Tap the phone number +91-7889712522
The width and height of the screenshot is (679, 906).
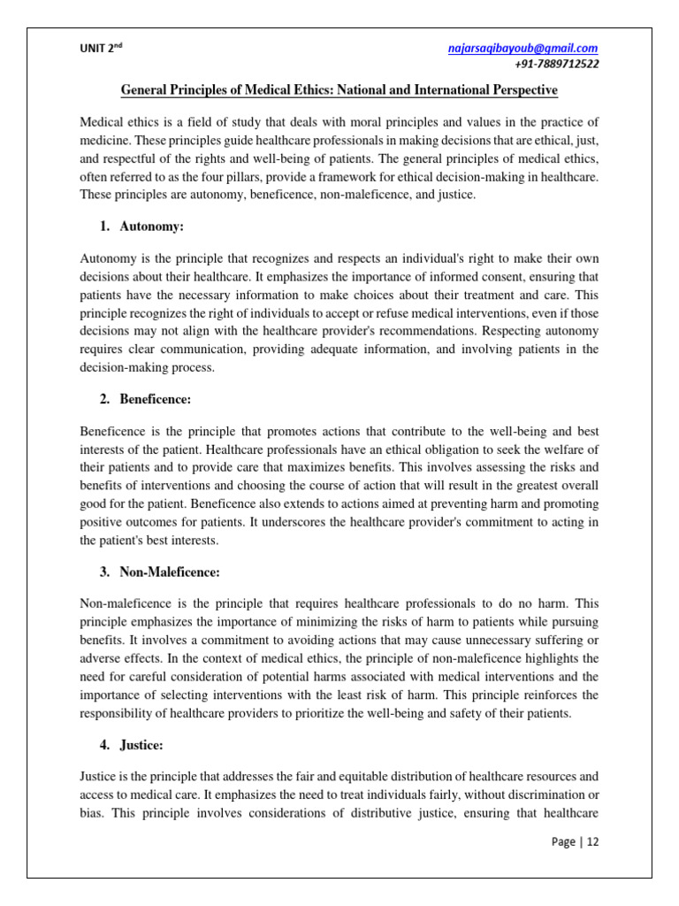point(555,65)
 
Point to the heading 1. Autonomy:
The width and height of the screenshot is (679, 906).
point(141,227)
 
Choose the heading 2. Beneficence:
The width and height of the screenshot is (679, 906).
point(145,399)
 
